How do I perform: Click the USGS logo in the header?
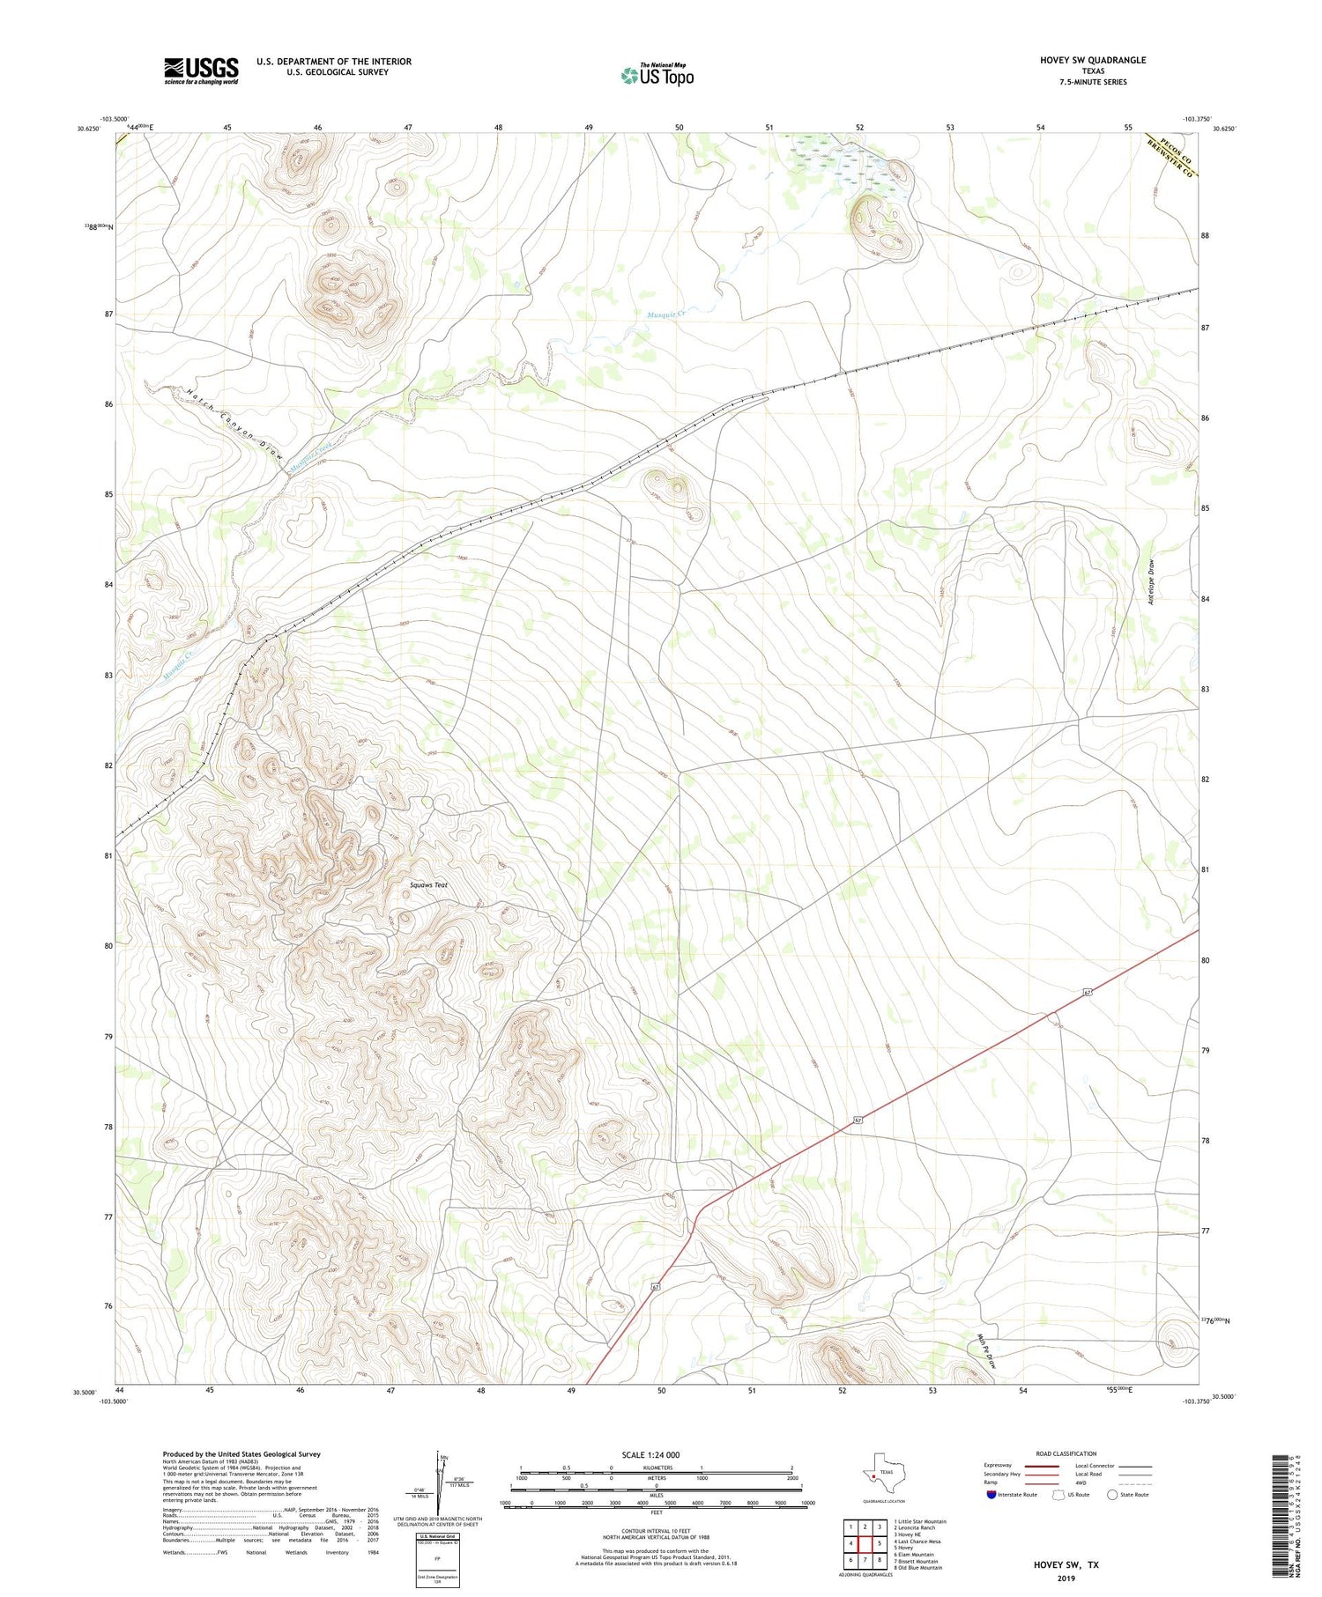(201, 70)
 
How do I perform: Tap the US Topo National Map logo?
(657, 75)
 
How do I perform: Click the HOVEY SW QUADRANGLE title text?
(1092, 60)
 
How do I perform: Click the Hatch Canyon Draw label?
(234, 425)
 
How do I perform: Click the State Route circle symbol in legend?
(1112, 1494)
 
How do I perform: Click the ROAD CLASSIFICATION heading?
(1066, 1453)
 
